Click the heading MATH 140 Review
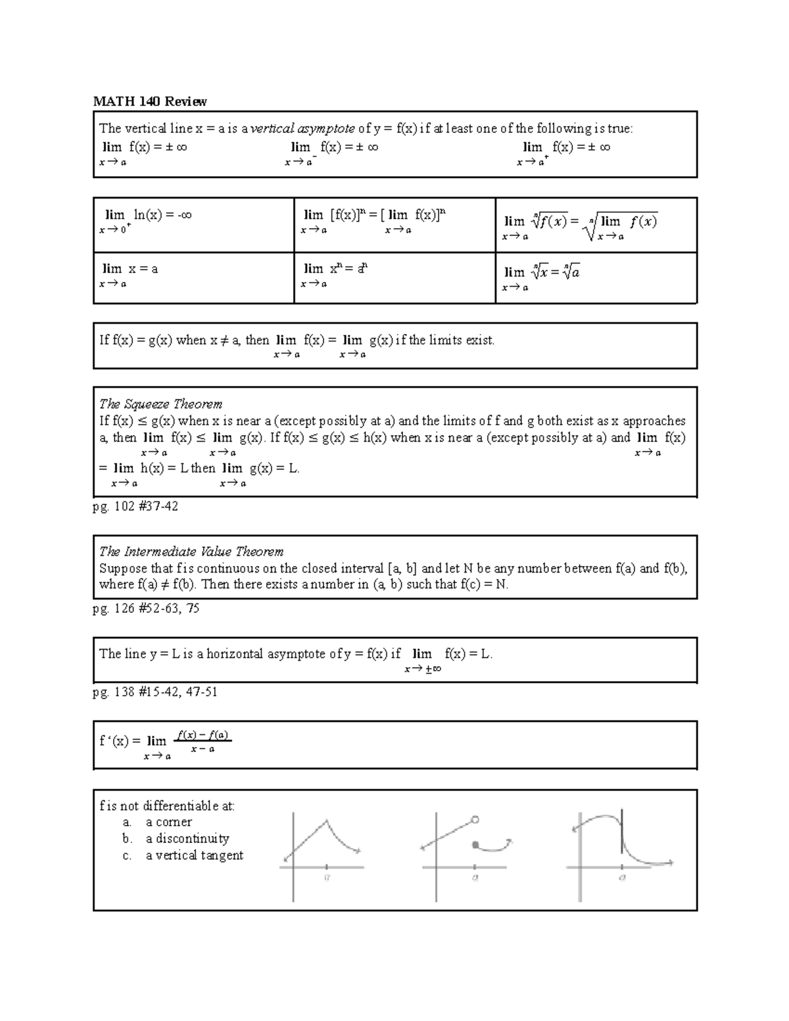(150, 101)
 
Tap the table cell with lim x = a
(193, 277)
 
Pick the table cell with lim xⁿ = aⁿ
(394, 277)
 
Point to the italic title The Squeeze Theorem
(160, 404)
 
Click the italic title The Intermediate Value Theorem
(191, 552)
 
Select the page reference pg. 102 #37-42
(135, 507)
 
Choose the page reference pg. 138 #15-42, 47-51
(155, 692)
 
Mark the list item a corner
(168, 822)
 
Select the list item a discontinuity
(187, 839)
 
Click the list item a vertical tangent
(194, 855)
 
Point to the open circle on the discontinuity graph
(475, 820)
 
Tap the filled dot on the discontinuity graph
(475, 843)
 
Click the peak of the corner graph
(327, 820)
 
